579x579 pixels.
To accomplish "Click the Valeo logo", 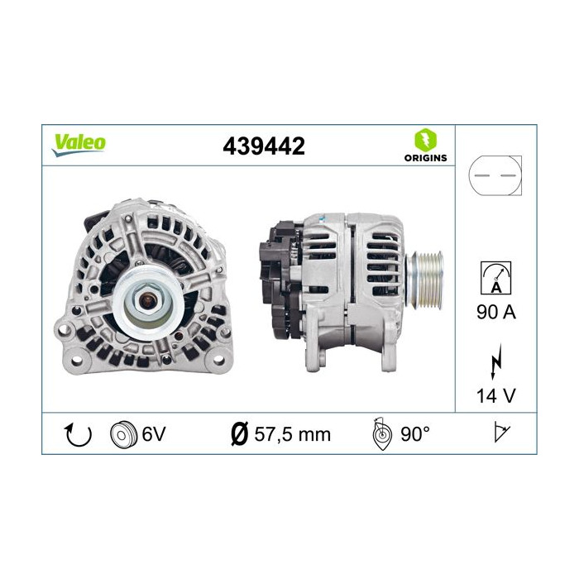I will pos(79,143).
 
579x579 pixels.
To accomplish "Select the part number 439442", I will pos(264,146).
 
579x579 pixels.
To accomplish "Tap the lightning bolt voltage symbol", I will pos(496,364).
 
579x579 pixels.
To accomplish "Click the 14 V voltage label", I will pos(496,395).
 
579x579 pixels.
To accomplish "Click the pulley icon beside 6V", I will pos(122,433).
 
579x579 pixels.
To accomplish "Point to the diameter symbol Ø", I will pos(237,433).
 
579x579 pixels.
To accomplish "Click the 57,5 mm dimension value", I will pos(291,433).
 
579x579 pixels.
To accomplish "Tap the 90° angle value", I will pos(415,433).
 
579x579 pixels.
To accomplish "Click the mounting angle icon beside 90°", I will pos(380,433).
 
